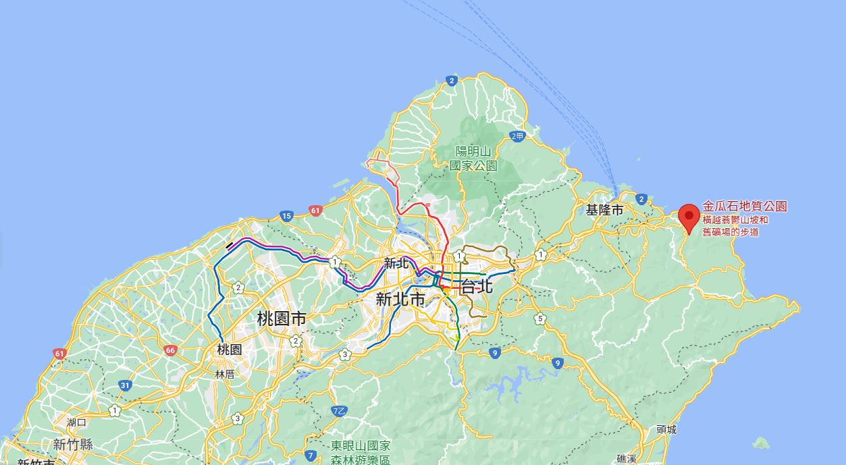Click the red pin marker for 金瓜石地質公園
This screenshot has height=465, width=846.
(689, 217)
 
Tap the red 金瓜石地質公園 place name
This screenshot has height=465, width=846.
(745, 207)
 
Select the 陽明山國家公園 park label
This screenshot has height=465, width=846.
(473, 159)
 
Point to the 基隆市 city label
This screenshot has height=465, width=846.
(605, 210)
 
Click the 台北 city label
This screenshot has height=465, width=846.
(477, 285)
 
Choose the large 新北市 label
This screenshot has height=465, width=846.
(400, 299)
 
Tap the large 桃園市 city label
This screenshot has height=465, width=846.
(282, 319)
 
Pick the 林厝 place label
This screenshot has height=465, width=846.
(225, 374)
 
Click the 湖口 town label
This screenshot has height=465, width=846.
(76, 422)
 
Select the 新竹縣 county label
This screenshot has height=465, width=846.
(73, 444)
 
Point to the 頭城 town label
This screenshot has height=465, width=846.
(666, 429)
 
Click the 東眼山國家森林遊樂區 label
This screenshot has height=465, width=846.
(361, 452)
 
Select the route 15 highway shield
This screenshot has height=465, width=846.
(286, 216)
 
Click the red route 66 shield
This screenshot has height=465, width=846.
(169, 350)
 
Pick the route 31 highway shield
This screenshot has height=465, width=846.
(125, 385)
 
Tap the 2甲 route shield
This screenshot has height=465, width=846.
(517, 136)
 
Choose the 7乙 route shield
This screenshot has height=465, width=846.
(340, 410)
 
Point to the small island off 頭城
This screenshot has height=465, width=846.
(761, 443)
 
